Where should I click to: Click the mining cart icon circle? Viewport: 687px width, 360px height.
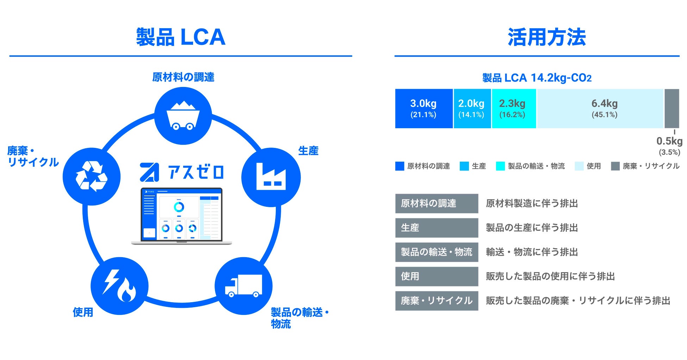click(183, 116)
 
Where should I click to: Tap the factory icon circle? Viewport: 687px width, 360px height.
click(271, 177)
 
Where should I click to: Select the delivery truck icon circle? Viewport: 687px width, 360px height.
click(243, 286)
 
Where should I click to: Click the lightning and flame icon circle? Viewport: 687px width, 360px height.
click(119, 286)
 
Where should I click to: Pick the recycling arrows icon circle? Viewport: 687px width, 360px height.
click(92, 176)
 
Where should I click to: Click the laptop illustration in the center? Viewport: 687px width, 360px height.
click(181, 216)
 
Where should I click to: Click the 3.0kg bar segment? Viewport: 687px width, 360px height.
click(423, 108)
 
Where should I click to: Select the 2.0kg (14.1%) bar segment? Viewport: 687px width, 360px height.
click(472, 108)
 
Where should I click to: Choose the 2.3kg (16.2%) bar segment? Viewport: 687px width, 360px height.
click(513, 108)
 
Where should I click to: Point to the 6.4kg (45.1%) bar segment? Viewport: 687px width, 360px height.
click(600, 108)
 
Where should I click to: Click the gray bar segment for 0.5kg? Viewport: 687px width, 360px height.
click(671, 108)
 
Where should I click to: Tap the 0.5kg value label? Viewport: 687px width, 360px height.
click(669, 142)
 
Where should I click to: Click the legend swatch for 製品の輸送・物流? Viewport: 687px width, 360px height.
click(500, 166)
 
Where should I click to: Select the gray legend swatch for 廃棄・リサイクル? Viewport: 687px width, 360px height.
click(615, 166)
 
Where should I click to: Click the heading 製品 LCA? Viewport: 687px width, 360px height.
click(181, 37)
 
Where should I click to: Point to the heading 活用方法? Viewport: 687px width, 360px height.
click(546, 37)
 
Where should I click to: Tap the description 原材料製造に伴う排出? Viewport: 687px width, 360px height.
click(532, 204)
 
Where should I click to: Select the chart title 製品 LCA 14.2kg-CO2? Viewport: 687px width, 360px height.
click(537, 78)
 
